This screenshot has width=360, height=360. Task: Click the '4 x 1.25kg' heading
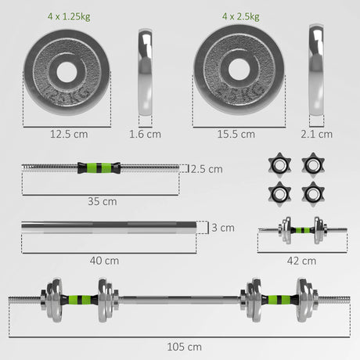(68, 16)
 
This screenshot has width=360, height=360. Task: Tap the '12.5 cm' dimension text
(67, 134)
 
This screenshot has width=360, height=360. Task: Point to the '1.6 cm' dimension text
(146, 134)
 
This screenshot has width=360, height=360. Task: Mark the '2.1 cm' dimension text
(319, 134)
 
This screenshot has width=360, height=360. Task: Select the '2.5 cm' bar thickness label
(207, 168)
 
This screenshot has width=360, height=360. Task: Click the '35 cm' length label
(103, 201)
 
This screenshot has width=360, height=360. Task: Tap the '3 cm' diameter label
(222, 228)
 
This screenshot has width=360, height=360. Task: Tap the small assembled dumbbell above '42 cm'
(301, 232)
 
